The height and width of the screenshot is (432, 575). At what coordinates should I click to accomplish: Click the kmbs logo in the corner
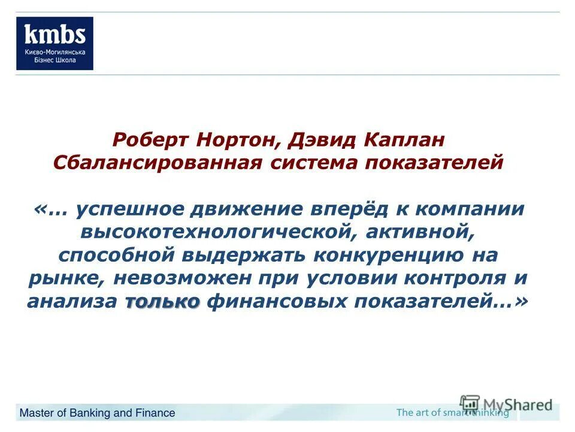click(55, 43)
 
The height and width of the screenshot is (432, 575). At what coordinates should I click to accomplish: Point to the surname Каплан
click(406, 140)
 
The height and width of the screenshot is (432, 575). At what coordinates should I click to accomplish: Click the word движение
click(251, 209)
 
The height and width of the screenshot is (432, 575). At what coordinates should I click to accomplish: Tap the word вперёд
click(361, 209)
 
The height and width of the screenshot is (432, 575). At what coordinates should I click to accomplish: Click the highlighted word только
click(162, 301)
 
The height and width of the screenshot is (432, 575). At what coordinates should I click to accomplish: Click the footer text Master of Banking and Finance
click(98, 413)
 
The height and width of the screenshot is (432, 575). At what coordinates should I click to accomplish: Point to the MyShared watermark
click(506, 404)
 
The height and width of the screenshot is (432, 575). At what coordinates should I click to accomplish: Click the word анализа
click(71, 301)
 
